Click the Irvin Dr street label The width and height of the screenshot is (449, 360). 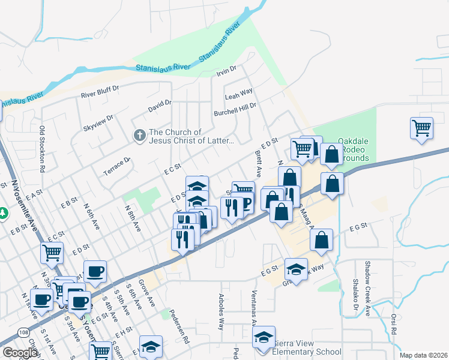pyautogui.click(x=227, y=71)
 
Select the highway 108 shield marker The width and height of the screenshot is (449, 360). pyautogui.click(x=22, y=332)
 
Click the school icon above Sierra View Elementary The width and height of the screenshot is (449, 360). pyautogui.click(x=264, y=338)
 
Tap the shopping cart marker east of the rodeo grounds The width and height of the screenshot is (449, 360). pyautogui.click(x=421, y=128)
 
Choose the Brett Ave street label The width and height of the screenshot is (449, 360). pyautogui.click(x=258, y=163)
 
